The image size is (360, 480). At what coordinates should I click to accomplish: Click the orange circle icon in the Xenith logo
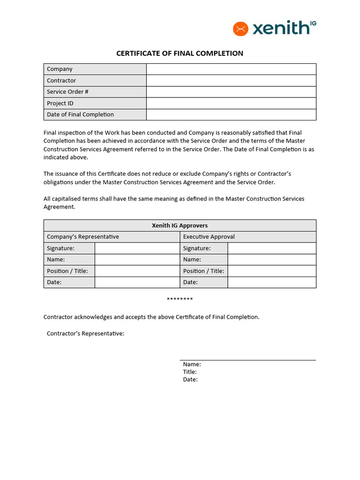(x=240, y=29)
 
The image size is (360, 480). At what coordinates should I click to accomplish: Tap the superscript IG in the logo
(x=313, y=23)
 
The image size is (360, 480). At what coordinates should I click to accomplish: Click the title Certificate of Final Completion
(x=180, y=53)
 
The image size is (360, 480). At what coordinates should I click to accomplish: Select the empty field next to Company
(x=231, y=69)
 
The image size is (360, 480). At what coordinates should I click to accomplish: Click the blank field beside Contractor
(x=231, y=81)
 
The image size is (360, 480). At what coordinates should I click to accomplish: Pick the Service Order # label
(x=67, y=92)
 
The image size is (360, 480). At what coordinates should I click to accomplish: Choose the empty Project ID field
(x=231, y=103)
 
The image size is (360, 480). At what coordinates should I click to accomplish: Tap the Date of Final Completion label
(x=80, y=114)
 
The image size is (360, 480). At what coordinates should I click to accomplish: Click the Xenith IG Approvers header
(x=180, y=225)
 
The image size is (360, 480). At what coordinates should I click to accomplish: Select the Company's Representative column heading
(x=83, y=237)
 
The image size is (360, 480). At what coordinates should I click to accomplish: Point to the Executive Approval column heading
(x=209, y=237)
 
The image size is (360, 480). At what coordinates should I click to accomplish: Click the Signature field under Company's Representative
(x=137, y=248)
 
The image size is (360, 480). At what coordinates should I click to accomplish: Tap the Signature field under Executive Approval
(x=271, y=248)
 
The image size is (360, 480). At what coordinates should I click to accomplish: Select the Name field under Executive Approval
(x=271, y=260)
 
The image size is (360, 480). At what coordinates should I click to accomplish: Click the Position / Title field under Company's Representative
(x=137, y=271)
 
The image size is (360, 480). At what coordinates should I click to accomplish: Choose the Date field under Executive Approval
(x=271, y=282)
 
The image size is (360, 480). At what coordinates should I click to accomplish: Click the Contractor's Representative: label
(x=85, y=334)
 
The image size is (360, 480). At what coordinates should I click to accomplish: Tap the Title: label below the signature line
(x=190, y=372)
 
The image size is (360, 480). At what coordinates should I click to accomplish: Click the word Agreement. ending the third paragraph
(x=59, y=207)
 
